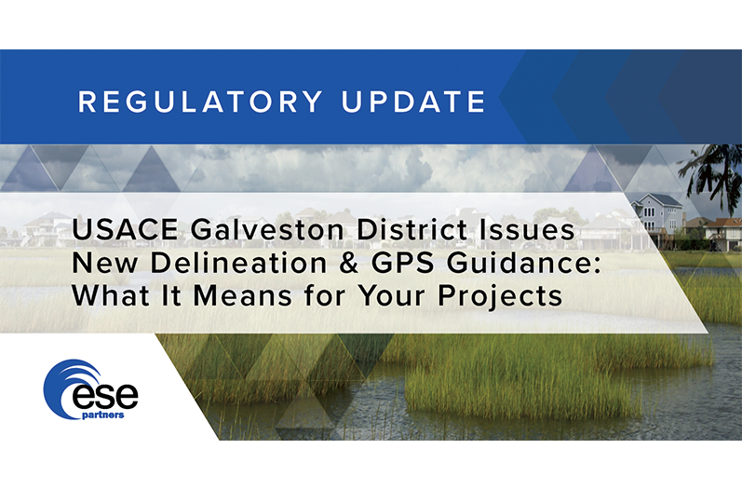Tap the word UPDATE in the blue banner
click(413, 102)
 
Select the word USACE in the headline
click(125, 229)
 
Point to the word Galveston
click(267, 229)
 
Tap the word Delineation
click(238, 263)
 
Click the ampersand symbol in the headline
click(350, 264)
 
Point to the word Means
click(243, 296)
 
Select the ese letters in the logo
click(105, 397)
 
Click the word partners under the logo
click(103, 415)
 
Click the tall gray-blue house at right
click(658, 214)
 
